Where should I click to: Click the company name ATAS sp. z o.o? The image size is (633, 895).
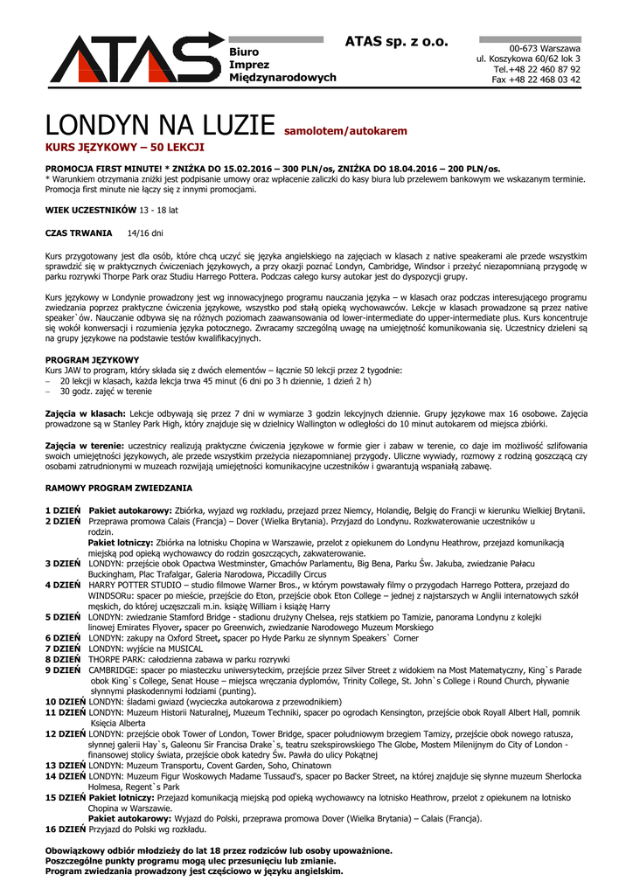[396, 41]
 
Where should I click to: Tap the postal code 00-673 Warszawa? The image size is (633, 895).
[545, 47]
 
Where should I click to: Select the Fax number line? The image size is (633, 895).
[536, 79]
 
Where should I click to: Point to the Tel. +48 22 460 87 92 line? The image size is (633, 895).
[537, 68]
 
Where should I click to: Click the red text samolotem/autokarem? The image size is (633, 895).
[346, 131]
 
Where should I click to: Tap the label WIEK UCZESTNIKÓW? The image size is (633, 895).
[91, 210]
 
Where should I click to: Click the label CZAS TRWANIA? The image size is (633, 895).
[79, 233]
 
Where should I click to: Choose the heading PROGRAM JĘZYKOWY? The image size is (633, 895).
[92, 360]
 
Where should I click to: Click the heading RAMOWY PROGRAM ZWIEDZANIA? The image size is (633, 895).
[118, 487]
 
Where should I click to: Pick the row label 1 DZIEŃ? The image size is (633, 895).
[63, 510]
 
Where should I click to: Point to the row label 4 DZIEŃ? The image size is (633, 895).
[63, 584]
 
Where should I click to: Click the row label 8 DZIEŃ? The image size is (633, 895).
[63, 658]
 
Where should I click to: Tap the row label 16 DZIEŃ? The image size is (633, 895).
[66, 829]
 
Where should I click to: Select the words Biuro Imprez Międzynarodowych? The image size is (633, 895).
[282, 65]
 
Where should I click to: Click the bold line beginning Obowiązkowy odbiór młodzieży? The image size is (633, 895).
[219, 850]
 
